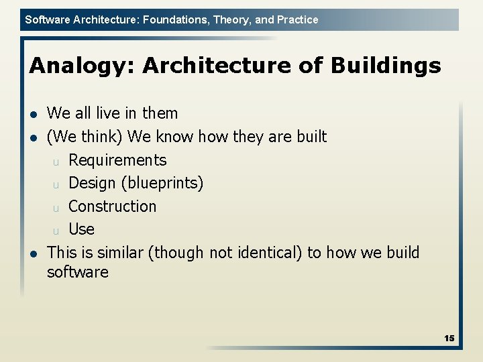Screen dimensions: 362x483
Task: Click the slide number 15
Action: click(x=449, y=339)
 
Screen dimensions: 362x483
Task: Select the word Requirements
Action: click(x=117, y=160)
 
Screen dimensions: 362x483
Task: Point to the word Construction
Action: click(x=112, y=206)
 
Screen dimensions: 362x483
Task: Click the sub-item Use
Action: click(x=81, y=229)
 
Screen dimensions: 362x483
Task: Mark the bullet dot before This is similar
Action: click(x=34, y=253)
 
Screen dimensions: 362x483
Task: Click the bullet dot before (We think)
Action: click(x=34, y=137)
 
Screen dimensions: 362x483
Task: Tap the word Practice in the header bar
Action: click(x=297, y=19)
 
